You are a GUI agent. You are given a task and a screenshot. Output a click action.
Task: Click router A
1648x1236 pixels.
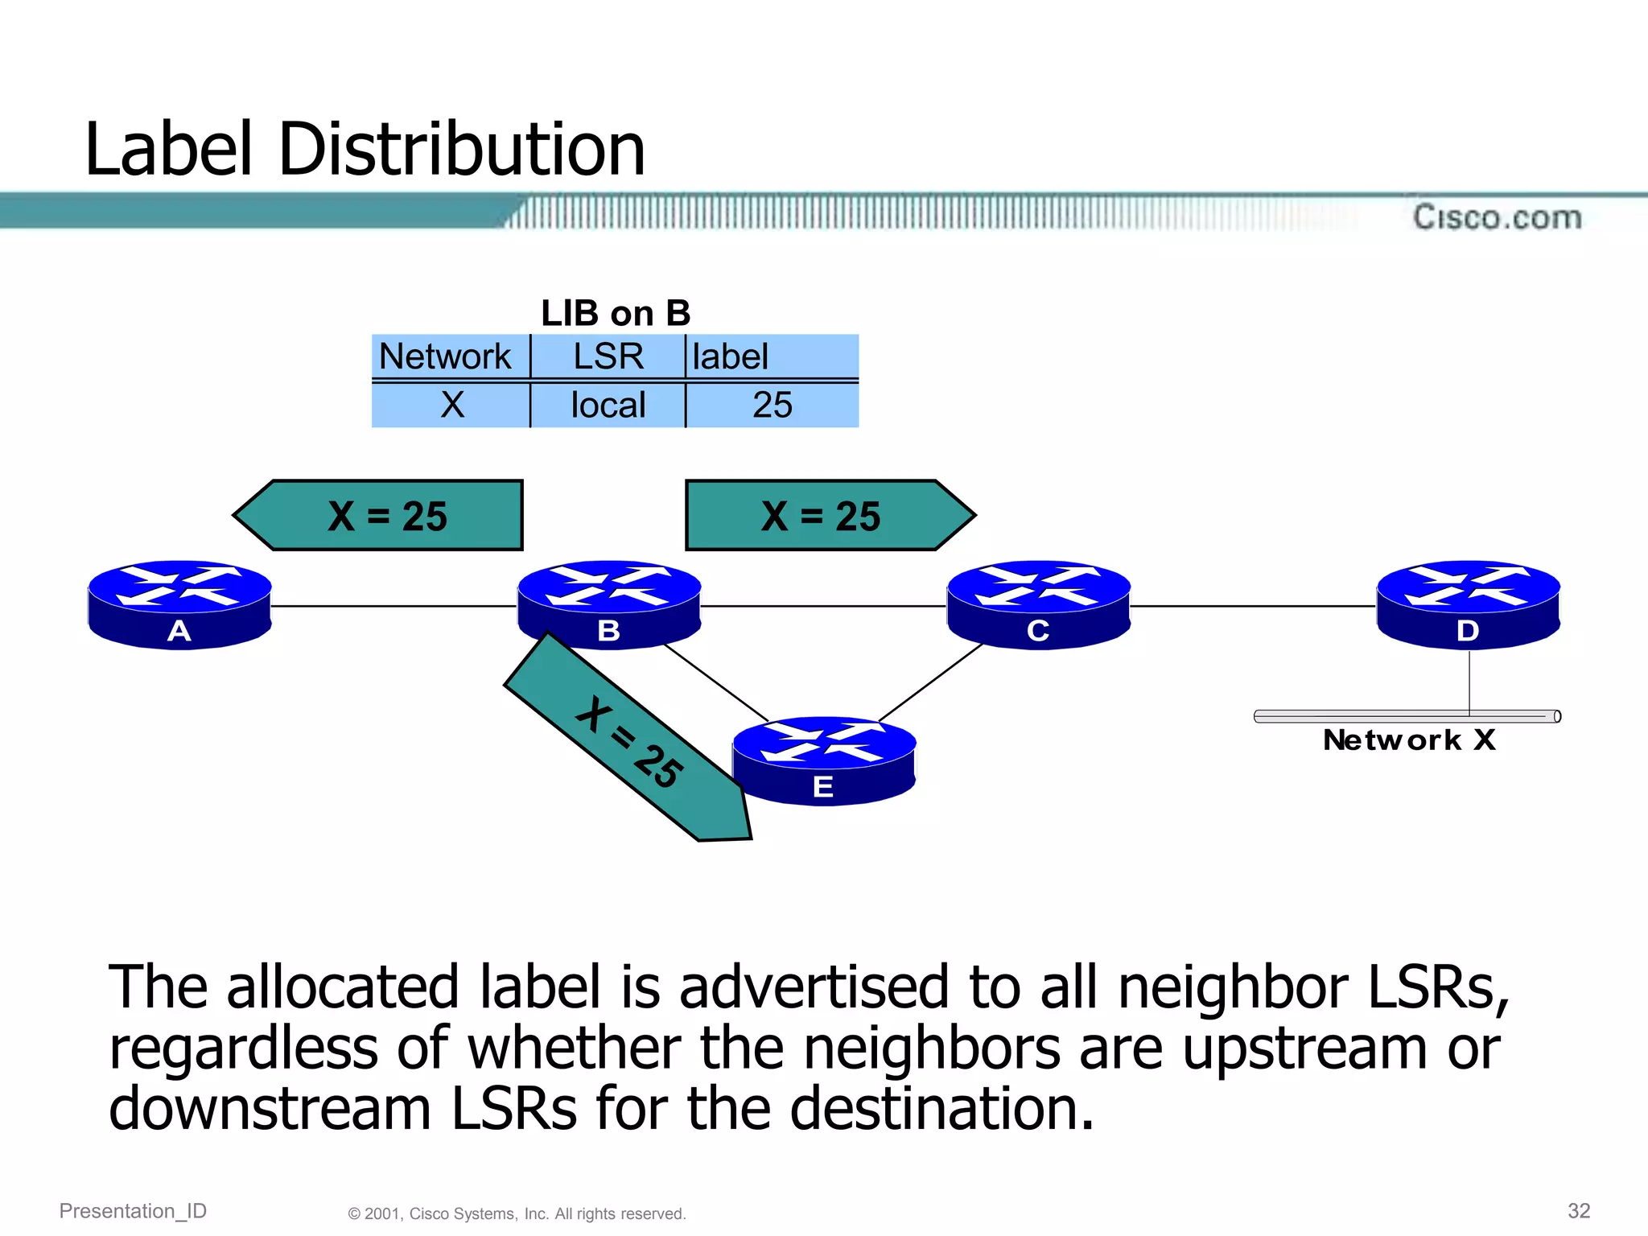click(179, 604)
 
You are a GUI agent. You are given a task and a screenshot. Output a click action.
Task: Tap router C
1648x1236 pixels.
click(1038, 604)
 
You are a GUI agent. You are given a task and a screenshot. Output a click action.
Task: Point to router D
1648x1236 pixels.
click(1468, 604)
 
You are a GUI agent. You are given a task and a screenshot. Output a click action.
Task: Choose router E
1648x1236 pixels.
click(824, 760)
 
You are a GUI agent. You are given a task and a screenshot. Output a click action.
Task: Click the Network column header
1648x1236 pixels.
click(446, 356)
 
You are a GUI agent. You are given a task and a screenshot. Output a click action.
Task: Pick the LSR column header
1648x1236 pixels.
click(608, 356)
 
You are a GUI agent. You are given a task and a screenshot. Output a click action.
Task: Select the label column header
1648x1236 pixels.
click(731, 356)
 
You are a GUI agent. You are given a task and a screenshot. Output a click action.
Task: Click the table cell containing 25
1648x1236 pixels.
click(772, 405)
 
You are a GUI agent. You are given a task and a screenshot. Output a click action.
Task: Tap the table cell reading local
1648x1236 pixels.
click(608, 405)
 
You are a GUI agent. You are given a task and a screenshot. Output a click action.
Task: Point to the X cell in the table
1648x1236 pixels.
click(452, 405)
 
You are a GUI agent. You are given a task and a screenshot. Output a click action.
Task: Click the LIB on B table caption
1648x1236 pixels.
click(616, 313)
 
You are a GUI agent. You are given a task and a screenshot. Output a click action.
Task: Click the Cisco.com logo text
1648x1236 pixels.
click(1497, 217)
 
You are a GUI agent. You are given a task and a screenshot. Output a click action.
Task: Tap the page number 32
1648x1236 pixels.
click(1579, 1211)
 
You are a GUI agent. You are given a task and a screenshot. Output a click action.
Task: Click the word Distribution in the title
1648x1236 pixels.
click(462, 150)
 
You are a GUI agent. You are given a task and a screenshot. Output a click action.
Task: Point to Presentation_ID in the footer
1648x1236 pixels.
click(133, 1211)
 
